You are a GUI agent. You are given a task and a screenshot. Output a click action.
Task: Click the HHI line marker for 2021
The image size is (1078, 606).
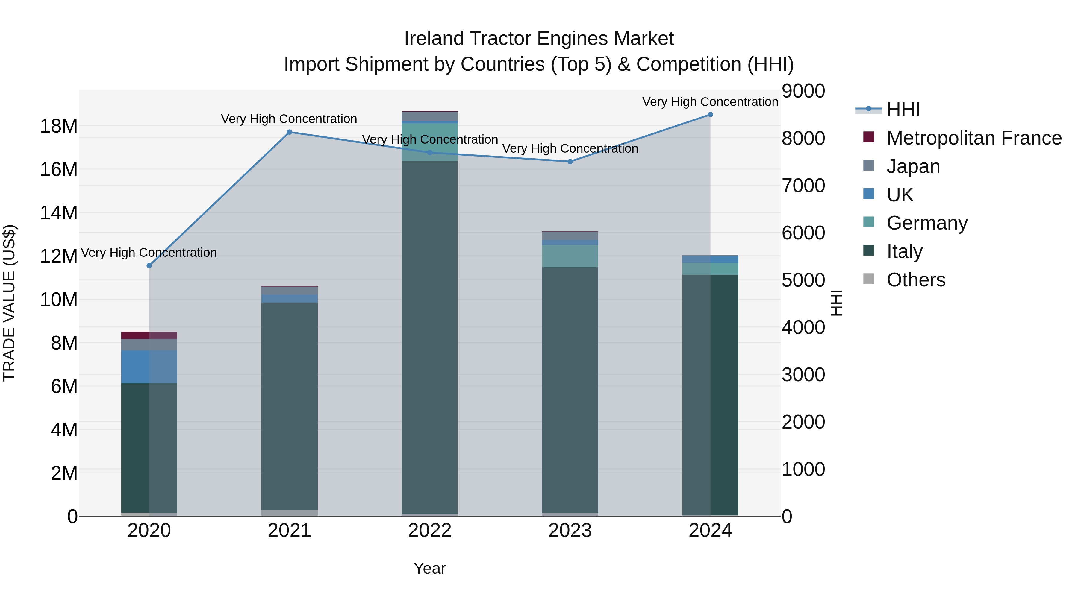[x=289, y=132]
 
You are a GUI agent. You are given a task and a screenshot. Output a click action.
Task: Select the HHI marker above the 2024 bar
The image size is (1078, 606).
[x=710, y=115]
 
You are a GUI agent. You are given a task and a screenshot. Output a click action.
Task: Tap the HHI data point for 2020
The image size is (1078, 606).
[x=149, y=265]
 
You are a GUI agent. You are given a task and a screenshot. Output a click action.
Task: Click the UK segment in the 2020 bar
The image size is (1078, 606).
[x=149, y=367]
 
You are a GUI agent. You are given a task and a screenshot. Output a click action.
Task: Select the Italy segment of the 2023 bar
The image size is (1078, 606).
[x=570, y=389]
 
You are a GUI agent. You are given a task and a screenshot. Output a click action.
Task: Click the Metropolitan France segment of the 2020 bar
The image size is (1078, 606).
[x=149, y=335]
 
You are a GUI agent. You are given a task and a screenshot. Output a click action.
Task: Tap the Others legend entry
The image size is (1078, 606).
[x=916, y=280]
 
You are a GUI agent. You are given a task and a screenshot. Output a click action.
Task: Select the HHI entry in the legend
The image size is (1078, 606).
[x=903, y=110]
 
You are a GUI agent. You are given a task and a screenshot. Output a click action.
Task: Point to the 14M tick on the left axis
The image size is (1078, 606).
[x=59, y=213]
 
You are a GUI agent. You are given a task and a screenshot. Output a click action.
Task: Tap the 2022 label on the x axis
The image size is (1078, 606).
[x=430, y=531]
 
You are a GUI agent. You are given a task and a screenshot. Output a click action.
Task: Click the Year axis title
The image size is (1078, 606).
[x=430, y=568]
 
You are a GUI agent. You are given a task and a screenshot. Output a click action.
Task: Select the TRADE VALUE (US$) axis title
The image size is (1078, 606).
[x=9, y=303]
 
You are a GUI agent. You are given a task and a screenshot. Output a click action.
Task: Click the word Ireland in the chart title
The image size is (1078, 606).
[x=434, y=39]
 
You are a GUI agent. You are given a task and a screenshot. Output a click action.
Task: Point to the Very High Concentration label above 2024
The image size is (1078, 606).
[x=710, y=102]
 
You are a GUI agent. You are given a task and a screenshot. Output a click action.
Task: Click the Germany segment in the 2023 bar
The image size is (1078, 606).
[x=570, y=256]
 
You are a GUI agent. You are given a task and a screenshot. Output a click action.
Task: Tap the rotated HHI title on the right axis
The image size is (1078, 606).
[x=836, y=303]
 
